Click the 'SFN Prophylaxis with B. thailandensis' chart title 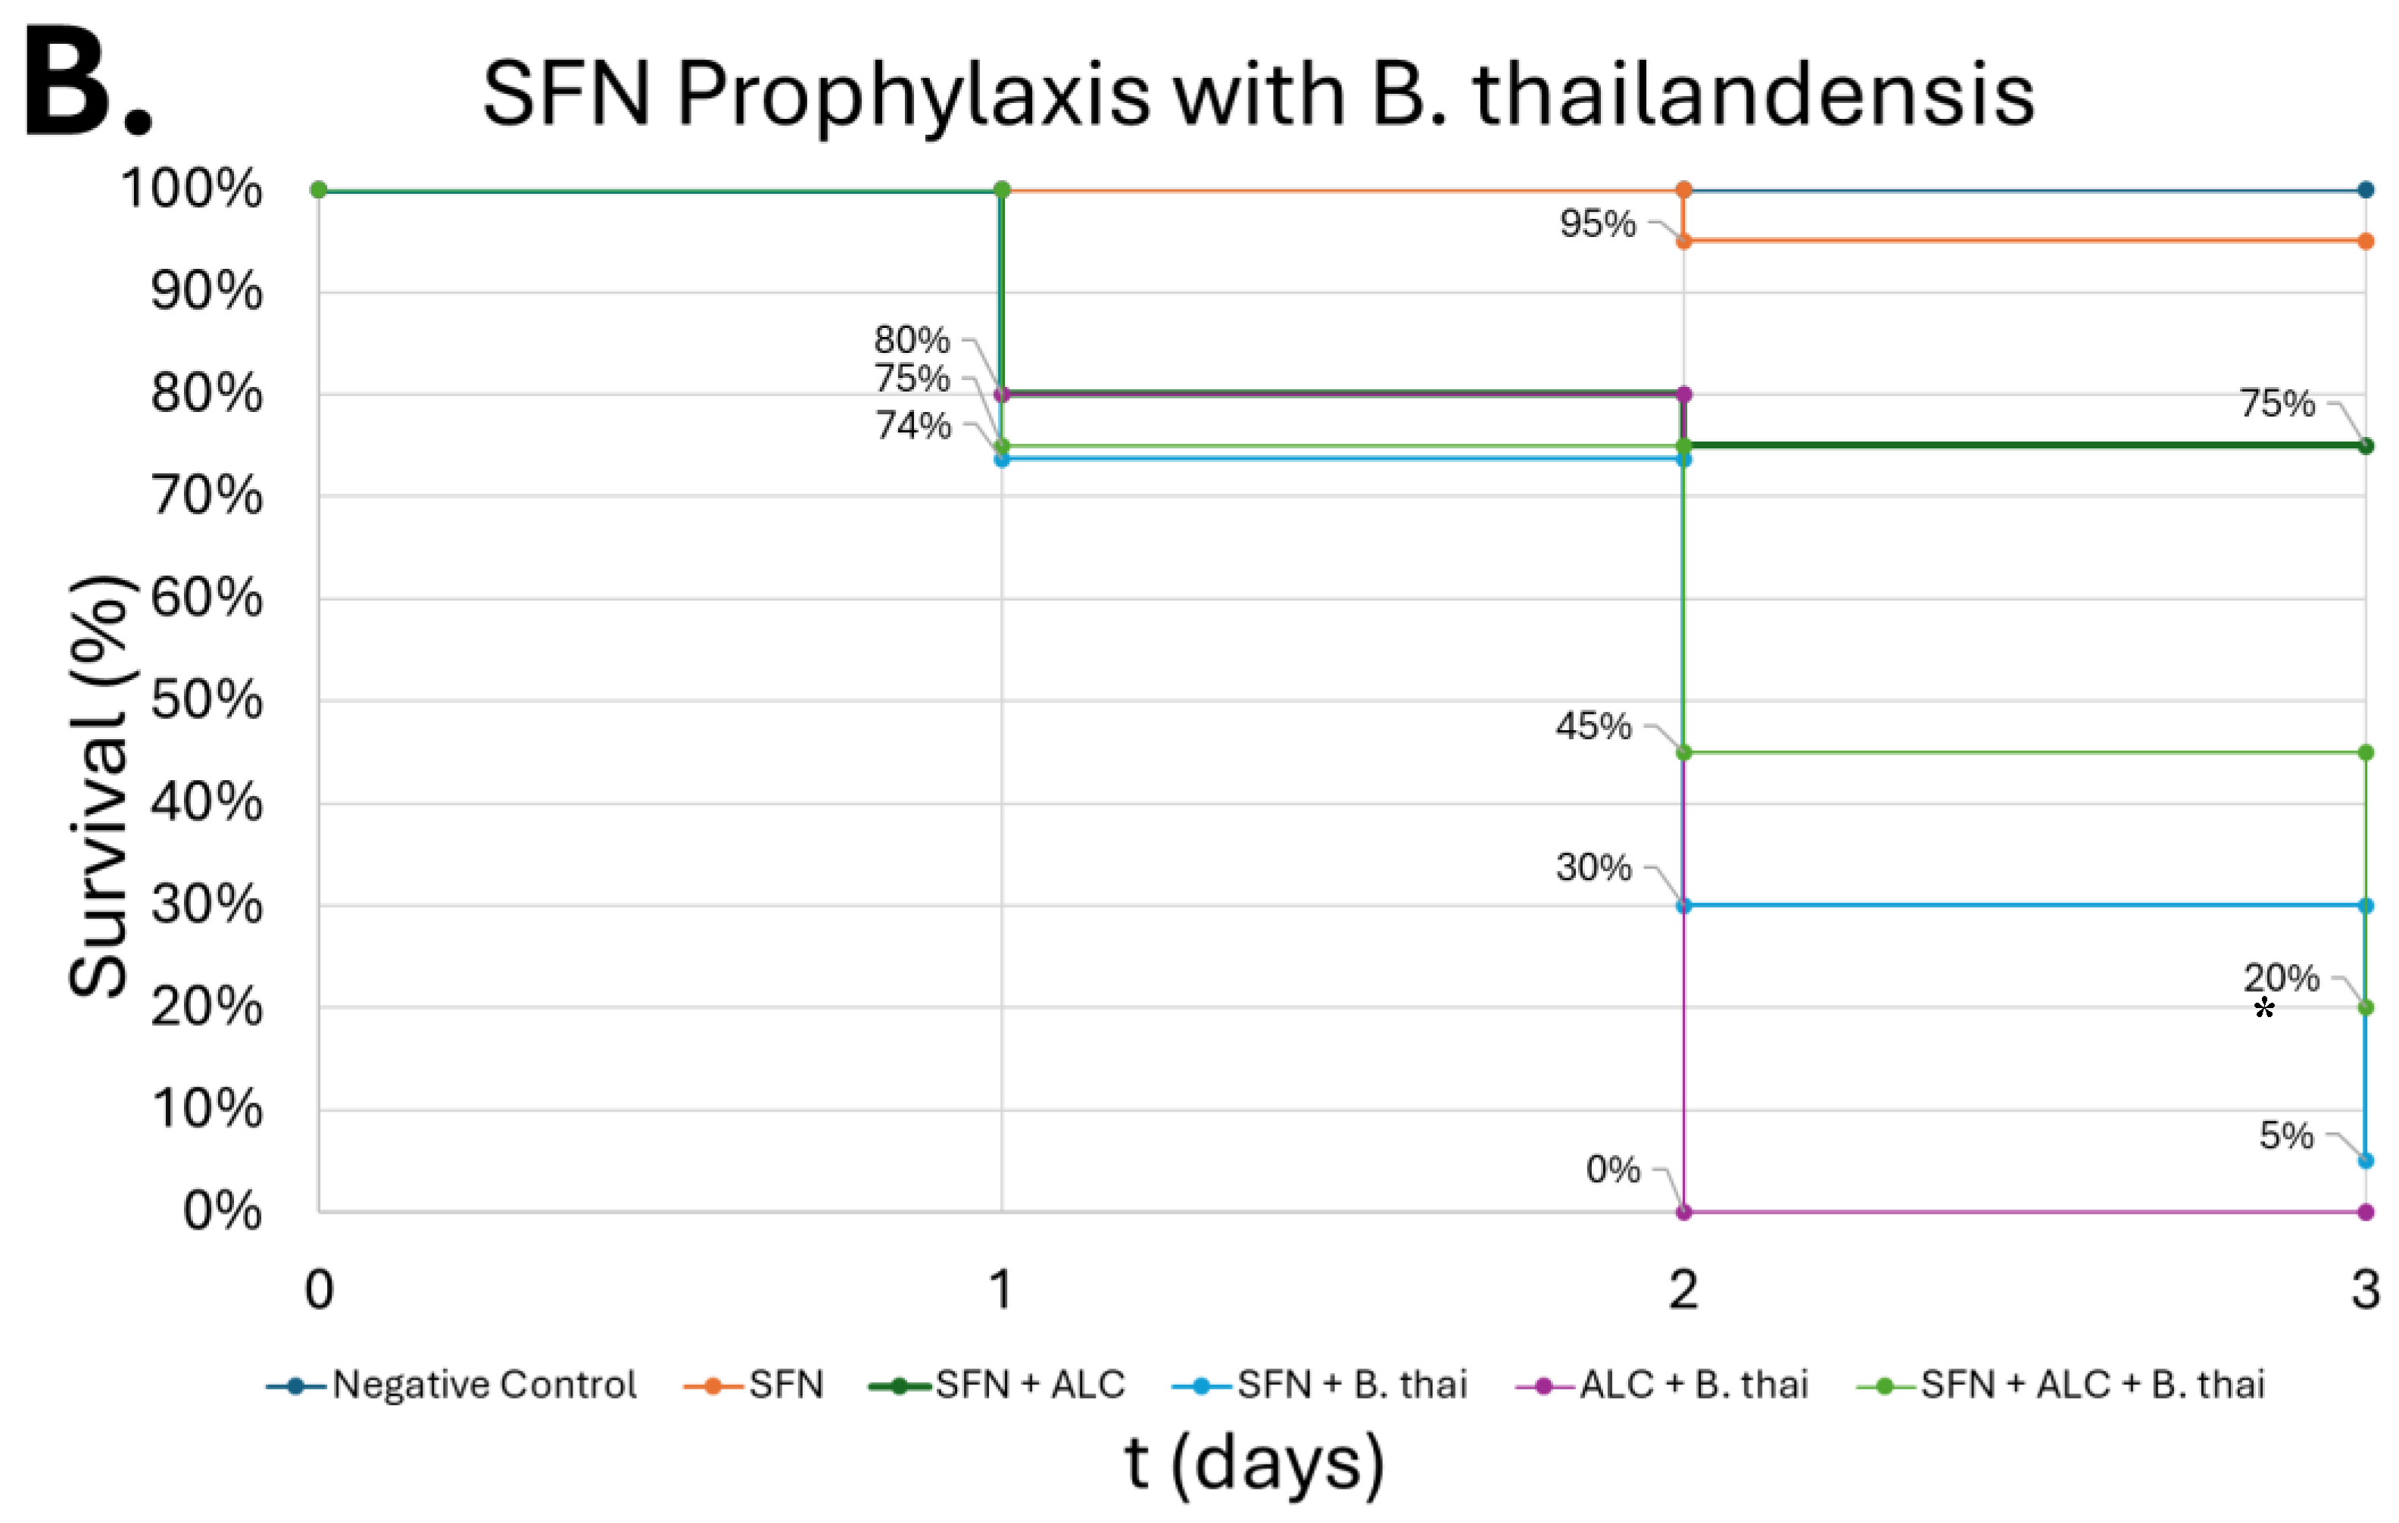[1257, 95]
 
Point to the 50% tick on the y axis [206, 701]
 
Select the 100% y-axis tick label [192, 189]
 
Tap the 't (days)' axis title [1254, 1463]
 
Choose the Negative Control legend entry [483, 1384]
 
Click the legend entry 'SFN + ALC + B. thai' [2092, 1384]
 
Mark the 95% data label [1597, 223]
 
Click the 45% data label [1593, 726]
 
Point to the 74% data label [912, 426]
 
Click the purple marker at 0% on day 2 [1683, 1212]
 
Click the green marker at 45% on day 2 [1683, 752]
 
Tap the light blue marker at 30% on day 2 [1683, 906]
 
